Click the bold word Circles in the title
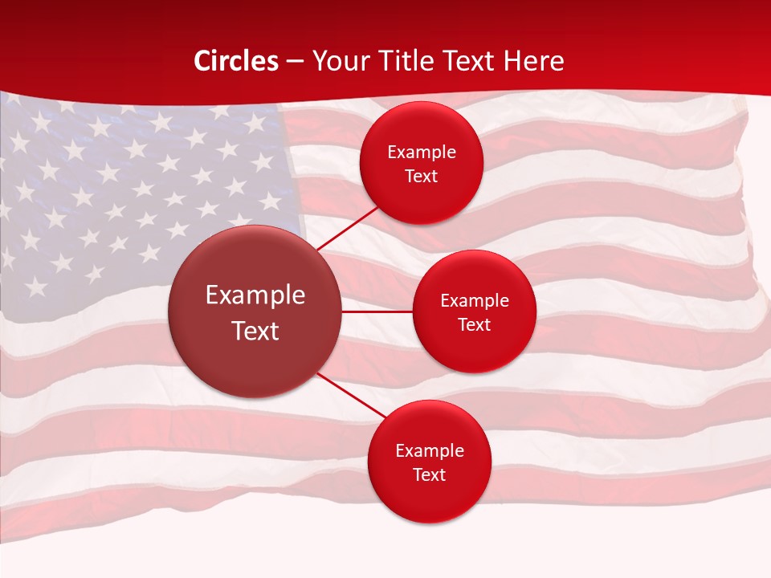click(x=236, y=61)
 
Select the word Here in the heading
click(x=533, y=61)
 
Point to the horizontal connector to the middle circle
click(x=377, y=311)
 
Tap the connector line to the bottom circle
click(x=352, y=395)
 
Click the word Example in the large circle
click(x=255, y=295)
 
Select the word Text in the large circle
click(x=255, y=331)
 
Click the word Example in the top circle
click(x=422, y=153)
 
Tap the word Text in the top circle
click(x=422, y=177)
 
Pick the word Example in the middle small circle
click(x=475, y=301)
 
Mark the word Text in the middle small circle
click(x=475, y=324)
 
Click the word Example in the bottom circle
click(x=430, y=451)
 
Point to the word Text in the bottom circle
click(x=430, y=474)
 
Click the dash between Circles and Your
click(x=295, y=61)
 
